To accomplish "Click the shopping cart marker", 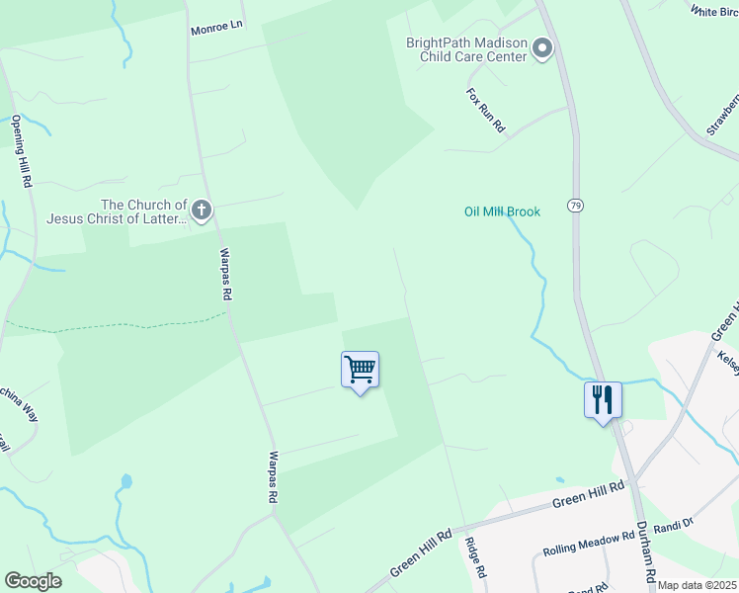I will pyautogui.click(x=361, y=371).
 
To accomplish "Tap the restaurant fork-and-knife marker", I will pyautogui.click(x=603, y=400).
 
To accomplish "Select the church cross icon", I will pyautogui.click(x=201, y=210).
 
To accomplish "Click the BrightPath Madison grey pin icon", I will pyautogui.click(x=541, y=47).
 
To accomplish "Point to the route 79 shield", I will pyautogui.click(x=575, y=205).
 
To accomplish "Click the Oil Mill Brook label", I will pyautogui.click(x=502, y=212).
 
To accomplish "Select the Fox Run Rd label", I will pyautogui.click(x=485, y=109).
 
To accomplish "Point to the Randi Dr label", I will pyautogui.click(x=675, y=521).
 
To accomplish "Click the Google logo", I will pyautogui.click(x=33, y=581).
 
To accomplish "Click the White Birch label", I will pyautogui.click(x=714, y=12).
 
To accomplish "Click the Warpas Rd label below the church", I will pyautogui.click(x=225, y=274).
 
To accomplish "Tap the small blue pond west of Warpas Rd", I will pyautogui.click(x=125, y=483).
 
